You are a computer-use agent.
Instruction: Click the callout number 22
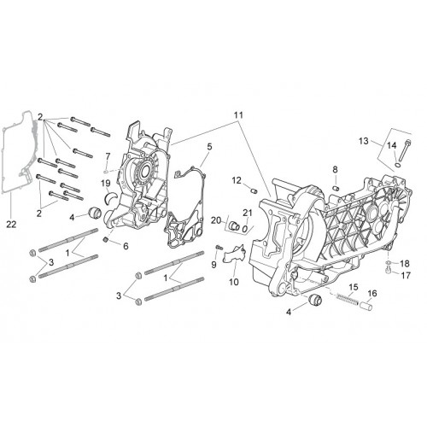click(x=11, y=225)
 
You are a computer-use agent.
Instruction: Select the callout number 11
click(x=238, y=115)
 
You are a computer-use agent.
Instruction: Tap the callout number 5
click(x=209, y=147)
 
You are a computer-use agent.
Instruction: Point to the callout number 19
click(x=106, y=183)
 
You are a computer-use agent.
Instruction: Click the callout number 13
click(x=364, y=141)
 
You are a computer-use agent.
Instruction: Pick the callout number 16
click(x=372, y=293)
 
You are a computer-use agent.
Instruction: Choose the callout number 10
click(x=234, y=282)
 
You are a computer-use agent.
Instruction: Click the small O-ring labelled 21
click(x=244, y=228)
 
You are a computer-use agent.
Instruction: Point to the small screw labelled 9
click(x=219, y=247)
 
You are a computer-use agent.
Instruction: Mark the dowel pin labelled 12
click(x=254, y=190)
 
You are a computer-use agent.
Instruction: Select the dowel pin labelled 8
click(x=336, y=188)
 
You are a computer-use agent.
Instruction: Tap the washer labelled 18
click(x=389, y=262)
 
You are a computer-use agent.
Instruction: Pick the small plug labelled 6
click(x=106, y=240)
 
